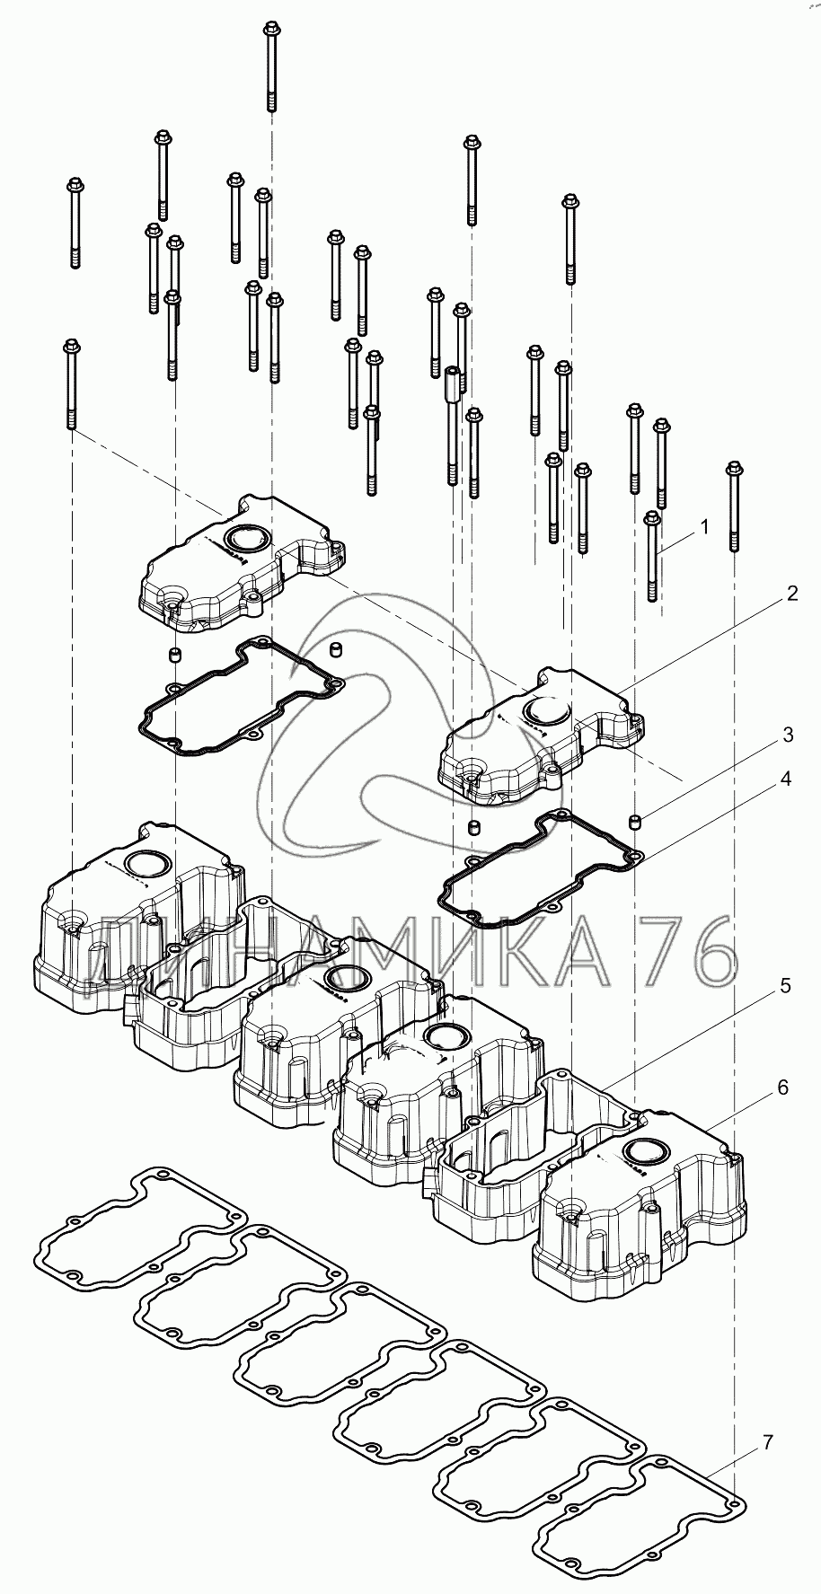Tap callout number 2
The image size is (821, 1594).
click(x=790, y=594)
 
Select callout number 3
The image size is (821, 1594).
click(x=787, y=735)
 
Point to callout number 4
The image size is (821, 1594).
click(x=785, y=779)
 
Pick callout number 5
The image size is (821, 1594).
click(x=784, y=986)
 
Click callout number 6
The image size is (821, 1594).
click(x=782, y=1088)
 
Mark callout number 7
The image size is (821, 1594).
click(x=767, y=1443)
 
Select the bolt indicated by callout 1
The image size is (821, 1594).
click(x=652, y=556)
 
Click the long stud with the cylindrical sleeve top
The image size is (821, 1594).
click(x=452, y=426)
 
